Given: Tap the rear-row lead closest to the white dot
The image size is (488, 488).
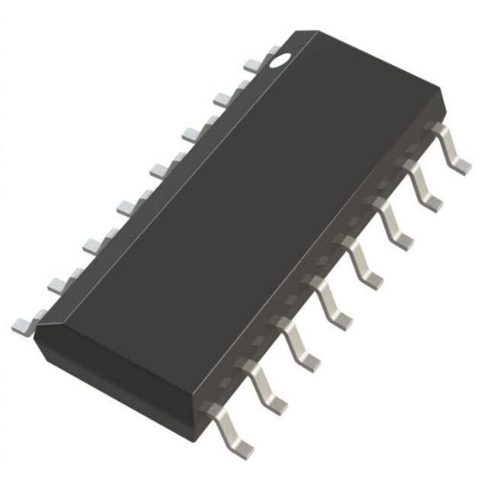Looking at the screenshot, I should (253, 64).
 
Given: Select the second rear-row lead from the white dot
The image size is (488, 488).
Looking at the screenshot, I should (223, 98).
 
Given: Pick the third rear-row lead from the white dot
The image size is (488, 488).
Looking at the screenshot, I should (191, 133).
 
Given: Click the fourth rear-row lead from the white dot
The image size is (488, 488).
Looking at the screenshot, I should (158, 169).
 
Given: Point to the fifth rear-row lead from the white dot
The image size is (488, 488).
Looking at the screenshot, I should (125, 206).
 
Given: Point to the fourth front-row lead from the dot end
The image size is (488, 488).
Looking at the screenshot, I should (366, 261).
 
